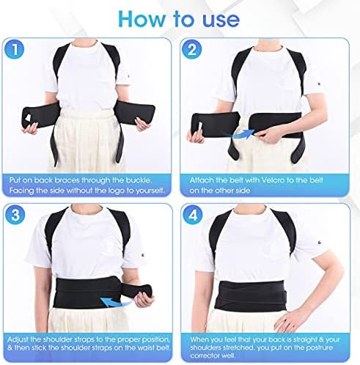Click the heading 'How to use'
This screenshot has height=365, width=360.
[180, 18]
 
